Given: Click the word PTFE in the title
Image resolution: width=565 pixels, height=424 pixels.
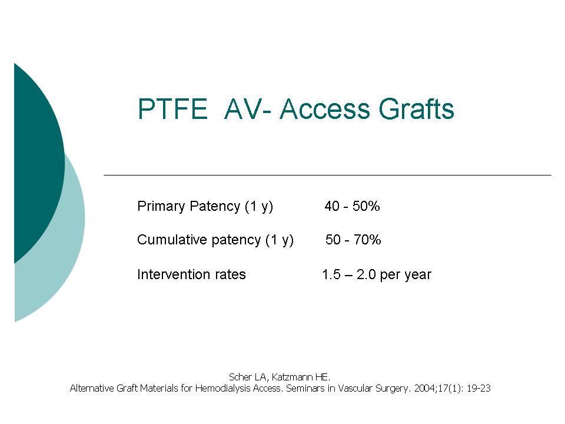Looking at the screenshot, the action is coord(172,108).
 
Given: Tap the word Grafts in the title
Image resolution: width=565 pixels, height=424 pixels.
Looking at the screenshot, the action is coord(416,108).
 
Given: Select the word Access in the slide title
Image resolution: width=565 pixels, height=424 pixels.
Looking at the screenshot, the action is coord(325,108).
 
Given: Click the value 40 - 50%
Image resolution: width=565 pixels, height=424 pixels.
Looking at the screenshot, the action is coord(352,206).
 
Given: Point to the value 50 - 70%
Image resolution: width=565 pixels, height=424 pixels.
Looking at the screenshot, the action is coord(353,240).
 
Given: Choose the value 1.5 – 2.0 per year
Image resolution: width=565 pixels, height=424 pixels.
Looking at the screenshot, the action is coord(377,275).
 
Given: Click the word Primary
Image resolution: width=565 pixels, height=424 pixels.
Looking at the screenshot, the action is coord(161,207).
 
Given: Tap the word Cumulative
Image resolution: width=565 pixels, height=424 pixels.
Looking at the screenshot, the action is coord(172,240).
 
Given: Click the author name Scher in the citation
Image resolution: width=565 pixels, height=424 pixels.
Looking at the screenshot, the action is coord(240,377).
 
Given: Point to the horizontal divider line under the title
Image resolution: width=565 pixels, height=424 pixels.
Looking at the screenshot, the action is coord(328,175).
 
